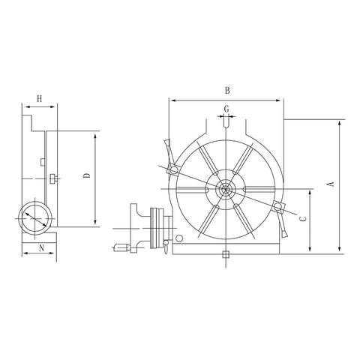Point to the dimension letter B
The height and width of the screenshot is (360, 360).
(x=226, y=91)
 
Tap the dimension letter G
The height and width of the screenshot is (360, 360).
(x=226, y=109)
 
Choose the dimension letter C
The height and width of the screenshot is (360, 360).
(x=301, y=218)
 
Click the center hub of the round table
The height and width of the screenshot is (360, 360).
(x=226, y=190)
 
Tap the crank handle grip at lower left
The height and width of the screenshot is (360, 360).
(x=120, y=246)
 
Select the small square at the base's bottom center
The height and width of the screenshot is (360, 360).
(x=226, y=255)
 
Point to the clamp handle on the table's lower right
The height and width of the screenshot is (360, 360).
(x=282, y=222)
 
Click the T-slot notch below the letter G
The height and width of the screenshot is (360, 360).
(x=226, y=124)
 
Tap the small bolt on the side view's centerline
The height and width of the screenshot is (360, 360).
(x=52, y=178)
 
